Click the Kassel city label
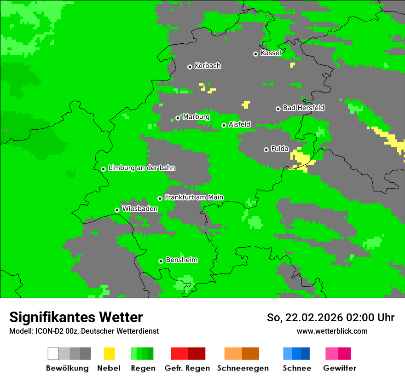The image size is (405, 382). pos(271,53)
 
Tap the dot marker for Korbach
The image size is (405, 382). pos(190,67)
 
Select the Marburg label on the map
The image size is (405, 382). pos(196,117)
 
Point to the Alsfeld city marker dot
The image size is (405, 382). pos(224,125)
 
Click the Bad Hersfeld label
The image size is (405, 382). pos(303,108)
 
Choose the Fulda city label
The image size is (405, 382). pos(280,149)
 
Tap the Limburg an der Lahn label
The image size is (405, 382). pos(141,168)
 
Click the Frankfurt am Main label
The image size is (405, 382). pos(194,197)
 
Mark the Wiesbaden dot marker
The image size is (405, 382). pos(117,210)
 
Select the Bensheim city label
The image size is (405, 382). pos(181,260)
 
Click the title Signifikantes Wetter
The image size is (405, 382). pos(76,317)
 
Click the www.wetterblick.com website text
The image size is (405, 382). pos(332,331)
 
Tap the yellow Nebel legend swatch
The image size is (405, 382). pos(109,353)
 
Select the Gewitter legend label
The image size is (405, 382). pos(339,368)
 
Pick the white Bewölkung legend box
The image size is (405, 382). pos(53,353)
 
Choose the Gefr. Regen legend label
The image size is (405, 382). pos(187,368)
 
